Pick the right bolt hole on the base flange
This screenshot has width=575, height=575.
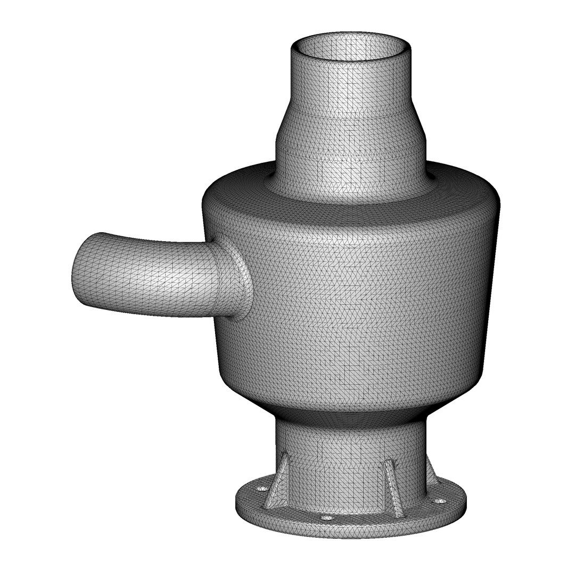pyautogui.click(x=439, y=501)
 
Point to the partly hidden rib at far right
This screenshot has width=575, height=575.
pyautogui.click(x=431, y=474)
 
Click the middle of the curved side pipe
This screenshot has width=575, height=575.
pyautogui.click(x=154, y=277)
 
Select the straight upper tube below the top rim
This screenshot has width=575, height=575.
pyautogui.click(x=351, y=88)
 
